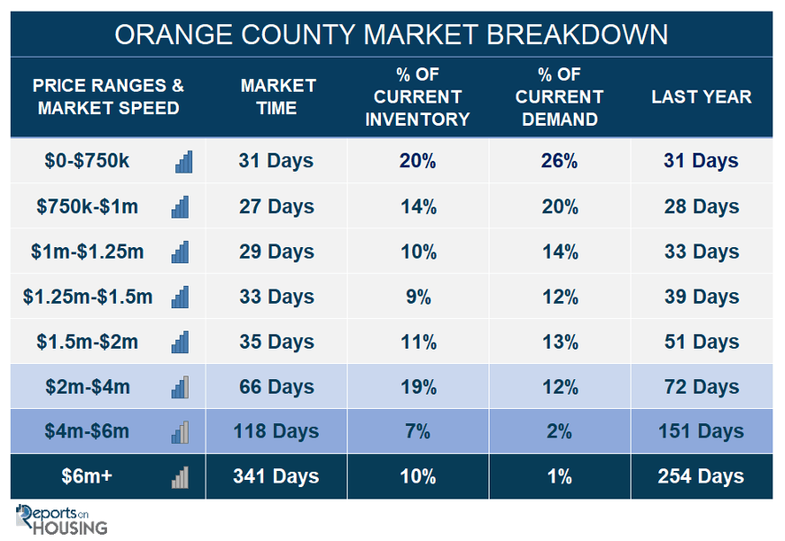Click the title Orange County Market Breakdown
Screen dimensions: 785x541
391,35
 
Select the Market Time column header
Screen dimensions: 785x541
278,97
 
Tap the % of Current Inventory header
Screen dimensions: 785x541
418,97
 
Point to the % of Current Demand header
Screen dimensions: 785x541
560,97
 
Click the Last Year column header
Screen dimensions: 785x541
701,97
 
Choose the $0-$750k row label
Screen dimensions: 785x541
86,161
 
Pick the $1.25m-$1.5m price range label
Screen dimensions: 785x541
88,297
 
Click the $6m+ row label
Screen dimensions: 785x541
86,476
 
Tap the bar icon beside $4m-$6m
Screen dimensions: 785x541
181,431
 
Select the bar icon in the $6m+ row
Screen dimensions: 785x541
181,477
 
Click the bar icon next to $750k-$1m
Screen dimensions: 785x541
181,207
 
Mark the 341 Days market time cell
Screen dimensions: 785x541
276,476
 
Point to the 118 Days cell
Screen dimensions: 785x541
276,431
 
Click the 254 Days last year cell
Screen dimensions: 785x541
701,476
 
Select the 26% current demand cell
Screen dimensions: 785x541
560,161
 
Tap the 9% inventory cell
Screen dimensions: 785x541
418,297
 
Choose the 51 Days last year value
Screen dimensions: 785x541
701,341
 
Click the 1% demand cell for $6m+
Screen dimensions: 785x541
560,476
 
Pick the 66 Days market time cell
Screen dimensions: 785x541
277,386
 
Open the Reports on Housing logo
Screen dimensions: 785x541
61,519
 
